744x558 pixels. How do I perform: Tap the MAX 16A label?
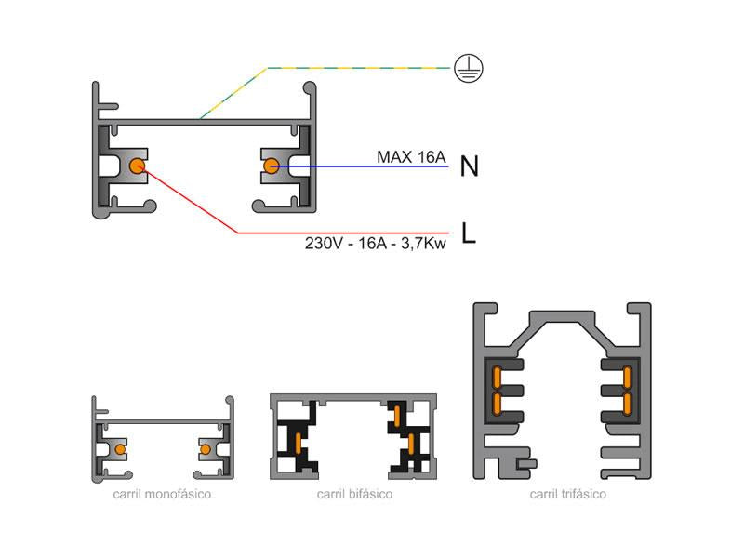[x=411, y=156]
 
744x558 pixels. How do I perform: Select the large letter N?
[x=469, y=166]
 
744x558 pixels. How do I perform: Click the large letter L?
[x=469, y=233]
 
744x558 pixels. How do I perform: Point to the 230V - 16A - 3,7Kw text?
[x=376, y=244]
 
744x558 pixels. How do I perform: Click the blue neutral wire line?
[x=372, y=166]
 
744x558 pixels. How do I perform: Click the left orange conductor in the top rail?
[x=137, y=166]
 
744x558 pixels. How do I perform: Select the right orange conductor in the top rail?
[x=271, y=166]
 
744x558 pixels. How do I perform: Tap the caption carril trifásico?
[x=567, y=494]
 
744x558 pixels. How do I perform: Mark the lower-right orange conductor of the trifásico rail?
[x=628, y=403]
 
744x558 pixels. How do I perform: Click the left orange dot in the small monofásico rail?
[x=119, y=450]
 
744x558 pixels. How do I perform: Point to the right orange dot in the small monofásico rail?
[x=205, y=450]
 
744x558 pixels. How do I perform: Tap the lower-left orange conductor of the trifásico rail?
[x=498, y=403]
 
